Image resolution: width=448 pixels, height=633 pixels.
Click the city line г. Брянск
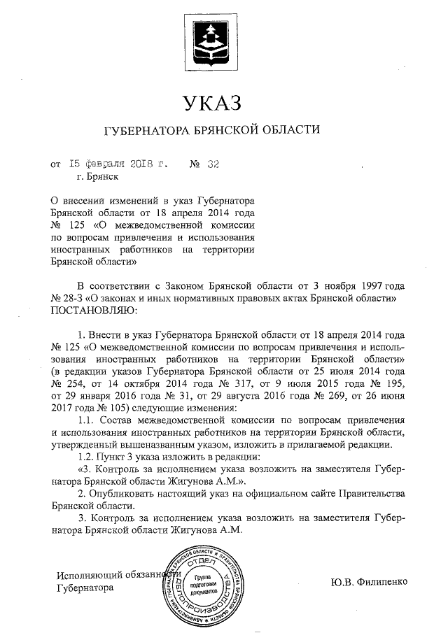tap(88, 178)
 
